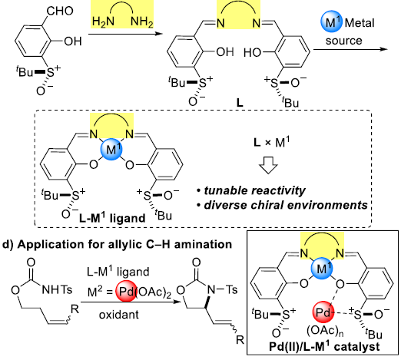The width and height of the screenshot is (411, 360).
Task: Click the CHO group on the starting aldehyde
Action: (x=60, y=11)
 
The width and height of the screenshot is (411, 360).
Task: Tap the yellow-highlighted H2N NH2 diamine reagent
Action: (x=122, y=15)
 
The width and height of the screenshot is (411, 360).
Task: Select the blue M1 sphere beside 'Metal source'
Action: (x=331, y=21)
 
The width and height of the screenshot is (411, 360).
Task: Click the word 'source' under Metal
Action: (x=343, y=41)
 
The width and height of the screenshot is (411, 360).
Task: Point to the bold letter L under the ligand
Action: (x=240, y=103)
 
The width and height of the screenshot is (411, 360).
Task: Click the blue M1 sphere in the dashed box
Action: (x=111, y=149)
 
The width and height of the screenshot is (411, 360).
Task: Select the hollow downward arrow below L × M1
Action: (x=268, y=165)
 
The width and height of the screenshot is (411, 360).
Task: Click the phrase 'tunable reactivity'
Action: (x=254, y=190)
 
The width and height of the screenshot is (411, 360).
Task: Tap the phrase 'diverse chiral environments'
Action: (x=286, y=205)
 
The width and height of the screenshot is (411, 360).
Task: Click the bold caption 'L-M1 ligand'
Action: (x=112, y=218)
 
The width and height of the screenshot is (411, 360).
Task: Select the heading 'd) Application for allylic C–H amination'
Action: (x=118, y=244)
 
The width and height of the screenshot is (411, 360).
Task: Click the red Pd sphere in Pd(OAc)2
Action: (x=126, y=291)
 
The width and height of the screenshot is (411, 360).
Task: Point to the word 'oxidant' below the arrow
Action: (x=119, y=315)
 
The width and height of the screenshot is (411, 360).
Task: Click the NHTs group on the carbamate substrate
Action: (x=57, y=289)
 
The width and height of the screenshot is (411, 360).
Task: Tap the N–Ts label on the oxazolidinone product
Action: (x=222, y=289)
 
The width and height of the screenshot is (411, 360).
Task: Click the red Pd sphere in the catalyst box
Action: (x=323, y=312)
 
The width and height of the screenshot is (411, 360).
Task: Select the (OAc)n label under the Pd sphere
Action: (x=325, y=331)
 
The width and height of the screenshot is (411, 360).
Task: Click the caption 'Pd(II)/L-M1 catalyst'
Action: (x=324, y=347)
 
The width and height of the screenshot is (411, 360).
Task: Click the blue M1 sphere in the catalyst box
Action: (x=322, y=269)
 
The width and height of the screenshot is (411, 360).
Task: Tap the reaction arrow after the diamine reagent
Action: (x=125, y=34)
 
